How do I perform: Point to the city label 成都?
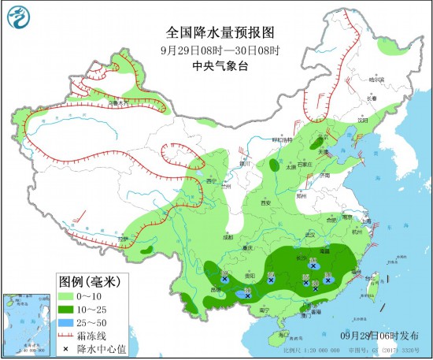pos(228,236)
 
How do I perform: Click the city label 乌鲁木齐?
pos(117,102)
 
